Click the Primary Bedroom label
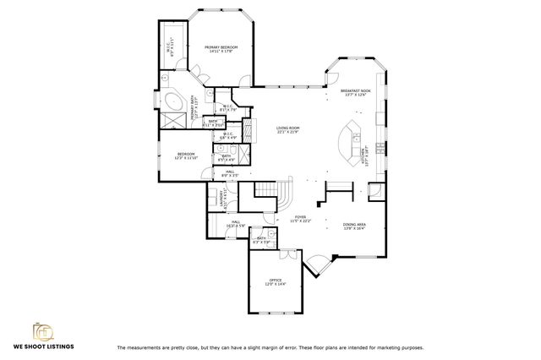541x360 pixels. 221,49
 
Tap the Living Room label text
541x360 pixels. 288,129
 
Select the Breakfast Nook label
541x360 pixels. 352,92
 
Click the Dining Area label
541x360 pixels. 354,226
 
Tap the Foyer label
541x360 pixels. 302,219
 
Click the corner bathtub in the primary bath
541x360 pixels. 172,102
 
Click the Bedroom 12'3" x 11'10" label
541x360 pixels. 185,156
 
